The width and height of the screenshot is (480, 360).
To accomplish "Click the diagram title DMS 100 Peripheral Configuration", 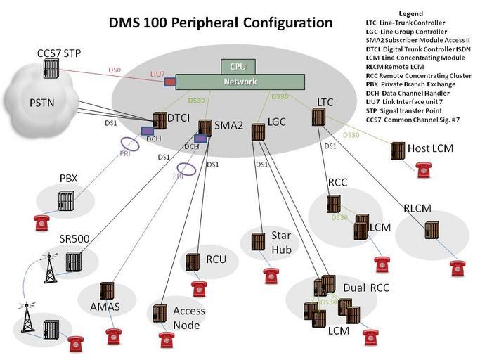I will pyautogui.click(x=220, y=22).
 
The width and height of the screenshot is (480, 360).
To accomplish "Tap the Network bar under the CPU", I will pyautogui.click(x=240, y=82).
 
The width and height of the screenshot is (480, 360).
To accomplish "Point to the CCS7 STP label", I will pyautogui.click(x=58, y=53).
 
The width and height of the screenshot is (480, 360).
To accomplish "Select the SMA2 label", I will pyautogui.click(x=228, y=125).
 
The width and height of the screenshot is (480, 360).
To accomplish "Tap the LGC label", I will pyautogui.click(x=276, y=123).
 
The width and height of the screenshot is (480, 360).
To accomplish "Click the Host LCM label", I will pyautogui.click(x=432, y=149).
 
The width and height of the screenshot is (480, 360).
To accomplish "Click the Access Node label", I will pyautogui.click(x=188, y=318).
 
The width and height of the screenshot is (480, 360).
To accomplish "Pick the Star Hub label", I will pyautogui.click(x=286, y=243).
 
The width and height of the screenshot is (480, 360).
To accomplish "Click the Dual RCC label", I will pyautogui.click(x=366, y=288).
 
